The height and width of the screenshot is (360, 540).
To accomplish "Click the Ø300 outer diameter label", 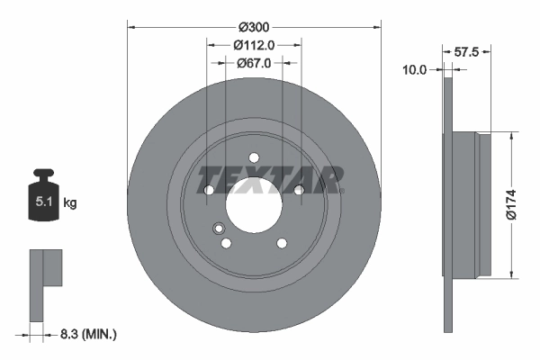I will click(254, 29).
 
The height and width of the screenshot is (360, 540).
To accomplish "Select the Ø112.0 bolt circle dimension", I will click(254, 45).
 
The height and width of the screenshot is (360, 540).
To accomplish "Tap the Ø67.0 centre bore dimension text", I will click(254, 63).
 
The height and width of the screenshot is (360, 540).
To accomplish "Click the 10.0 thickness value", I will click(414, 67).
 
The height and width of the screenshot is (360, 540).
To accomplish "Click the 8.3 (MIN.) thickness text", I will click(86, 335).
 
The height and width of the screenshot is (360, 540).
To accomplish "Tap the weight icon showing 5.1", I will click(42, 199).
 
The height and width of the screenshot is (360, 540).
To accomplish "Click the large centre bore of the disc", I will click(254, 206).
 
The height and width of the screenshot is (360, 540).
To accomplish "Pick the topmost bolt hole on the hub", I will click(254, 157).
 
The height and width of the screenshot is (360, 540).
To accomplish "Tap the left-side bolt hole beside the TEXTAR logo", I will click(209, 190).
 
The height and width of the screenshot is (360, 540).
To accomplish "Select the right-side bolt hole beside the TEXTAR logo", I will click(299, 189).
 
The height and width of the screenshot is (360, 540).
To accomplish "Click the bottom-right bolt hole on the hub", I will click(282, 243).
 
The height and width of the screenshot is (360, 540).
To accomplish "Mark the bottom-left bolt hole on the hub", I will click(226, 243).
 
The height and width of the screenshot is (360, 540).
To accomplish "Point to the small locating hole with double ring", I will click(218, 229).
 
